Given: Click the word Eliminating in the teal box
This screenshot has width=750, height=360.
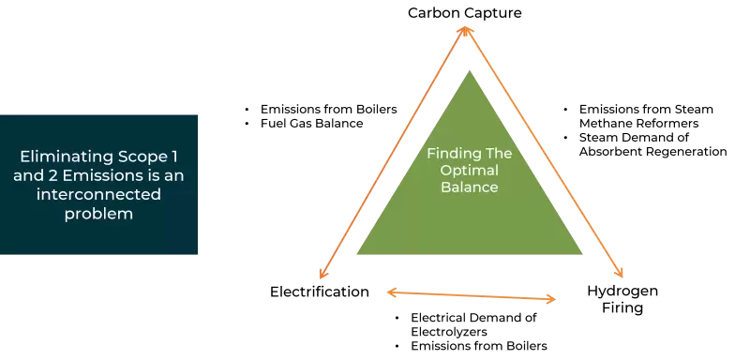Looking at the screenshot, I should [59, 157].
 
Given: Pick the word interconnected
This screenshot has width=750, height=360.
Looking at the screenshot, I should [99, 194].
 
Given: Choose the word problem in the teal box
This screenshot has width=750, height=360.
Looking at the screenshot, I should [99, 214].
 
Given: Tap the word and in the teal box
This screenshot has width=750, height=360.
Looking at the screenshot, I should [24, 175].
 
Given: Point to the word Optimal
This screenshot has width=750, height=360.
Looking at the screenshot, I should [470, 171].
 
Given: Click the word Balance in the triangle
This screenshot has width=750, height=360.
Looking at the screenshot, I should [470, 187].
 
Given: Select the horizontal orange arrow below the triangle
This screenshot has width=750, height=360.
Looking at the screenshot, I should [472, 296].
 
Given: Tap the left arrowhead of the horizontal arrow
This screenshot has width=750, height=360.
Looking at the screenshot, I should [390, 292].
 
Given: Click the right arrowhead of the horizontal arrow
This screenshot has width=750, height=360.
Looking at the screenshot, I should [553, 300].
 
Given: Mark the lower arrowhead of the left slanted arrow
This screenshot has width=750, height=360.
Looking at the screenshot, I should [322, 276].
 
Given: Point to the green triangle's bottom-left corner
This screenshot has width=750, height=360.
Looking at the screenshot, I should [358, 252].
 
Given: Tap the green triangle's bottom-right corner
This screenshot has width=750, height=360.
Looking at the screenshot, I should [581, 252].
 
